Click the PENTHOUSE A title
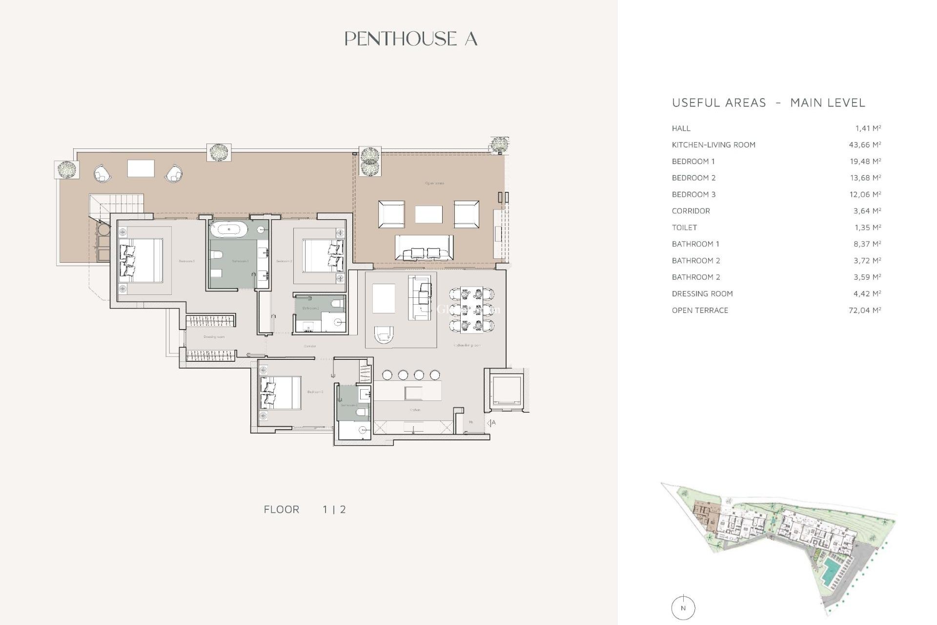tap(410, 39)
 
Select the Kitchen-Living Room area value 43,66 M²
tap(864, 145)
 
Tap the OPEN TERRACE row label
tap(699, 311)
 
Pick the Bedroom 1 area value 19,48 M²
tap(865, 162)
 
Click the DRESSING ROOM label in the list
tap(702, 294)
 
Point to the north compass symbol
tap(683, 608)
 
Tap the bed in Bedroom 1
tap(142, 260)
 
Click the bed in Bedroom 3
tap(280, 393)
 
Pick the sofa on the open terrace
tap(424, 247)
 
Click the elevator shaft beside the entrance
tap(506, 391)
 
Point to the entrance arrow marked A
tap(490, 423)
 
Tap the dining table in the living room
tap(471, 309)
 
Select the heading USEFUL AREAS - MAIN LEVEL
tap(768, 103)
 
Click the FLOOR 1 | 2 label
tap(305, 510)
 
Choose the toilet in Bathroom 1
tap(216, 254)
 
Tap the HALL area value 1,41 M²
tap(867, 128)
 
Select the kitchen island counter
tap(407, 391)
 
